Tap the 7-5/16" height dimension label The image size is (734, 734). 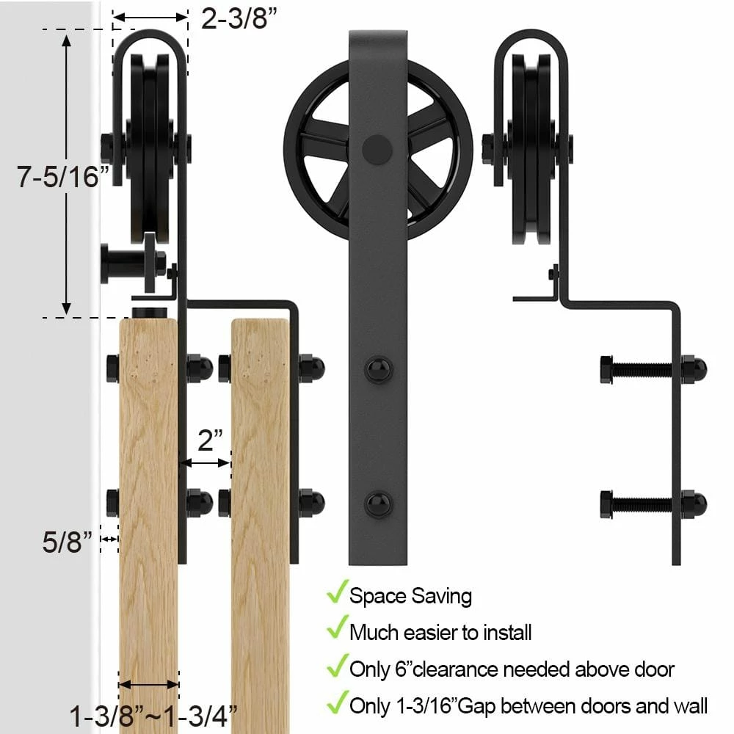[65, 177]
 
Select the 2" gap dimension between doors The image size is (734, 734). [210, 440]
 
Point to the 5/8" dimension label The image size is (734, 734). [68, 542]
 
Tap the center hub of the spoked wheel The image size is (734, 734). [377, 148]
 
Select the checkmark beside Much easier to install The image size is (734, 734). [337, 629]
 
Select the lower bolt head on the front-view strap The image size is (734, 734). [378, 504]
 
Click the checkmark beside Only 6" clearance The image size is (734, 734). [337, 666]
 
